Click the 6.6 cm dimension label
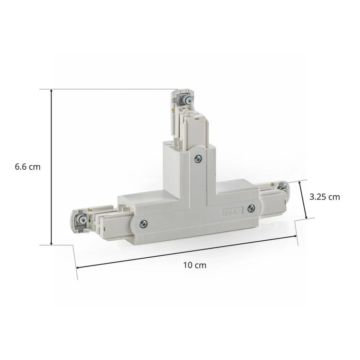(x=27, y=167)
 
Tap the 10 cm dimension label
(x=195, y=265)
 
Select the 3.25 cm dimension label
(x=324, y=197)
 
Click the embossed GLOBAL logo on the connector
(x=232, y=212)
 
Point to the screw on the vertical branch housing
(x=198, y=158)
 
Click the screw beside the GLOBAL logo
(x=251, y=208)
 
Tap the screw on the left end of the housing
(x=144, y=223)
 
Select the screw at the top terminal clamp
(x=189, y=100)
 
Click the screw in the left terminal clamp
(x=82, y=219)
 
